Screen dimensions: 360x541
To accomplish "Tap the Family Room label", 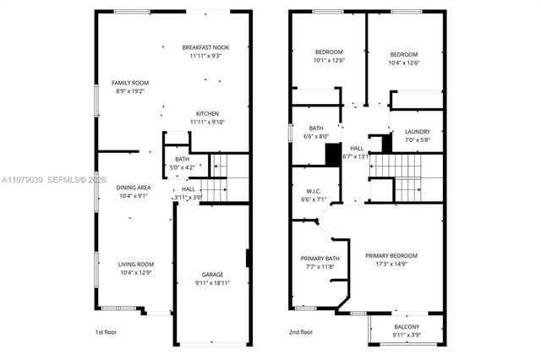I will tap(130, 83).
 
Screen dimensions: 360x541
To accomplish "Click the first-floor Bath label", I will tap(182, 159).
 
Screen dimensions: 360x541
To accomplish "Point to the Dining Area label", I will tap(134, 188).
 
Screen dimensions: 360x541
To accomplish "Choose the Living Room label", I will tap(135, 264).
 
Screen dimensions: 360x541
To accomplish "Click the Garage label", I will tap(212, 275).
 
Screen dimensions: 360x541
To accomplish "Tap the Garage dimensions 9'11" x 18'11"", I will tap(212, 283).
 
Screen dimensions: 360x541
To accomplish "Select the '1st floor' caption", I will tap(107, 332).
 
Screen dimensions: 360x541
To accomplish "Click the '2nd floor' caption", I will tap(301, 332).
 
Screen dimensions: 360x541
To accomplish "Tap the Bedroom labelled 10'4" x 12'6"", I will tap(403, 52).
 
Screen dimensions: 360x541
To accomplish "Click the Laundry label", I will tap(418, 132).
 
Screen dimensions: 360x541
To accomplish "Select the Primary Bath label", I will tap(320, 259).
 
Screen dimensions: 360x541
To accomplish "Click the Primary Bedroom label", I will tap(391, 255).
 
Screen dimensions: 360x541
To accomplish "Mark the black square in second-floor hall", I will tap(332, 154).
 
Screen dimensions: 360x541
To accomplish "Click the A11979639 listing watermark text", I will tap(23, 180).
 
